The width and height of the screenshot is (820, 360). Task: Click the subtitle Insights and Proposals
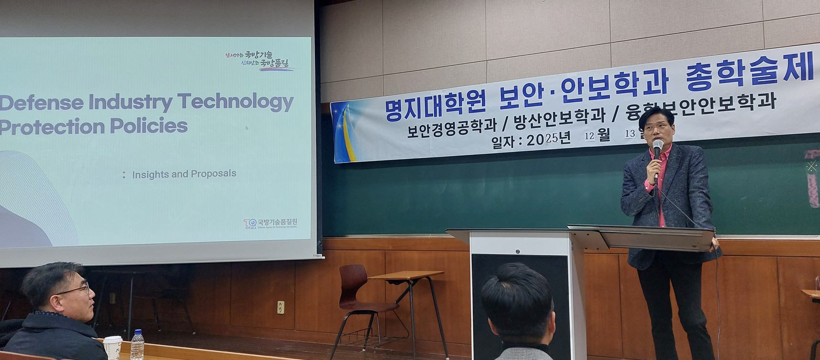tap(184, 174)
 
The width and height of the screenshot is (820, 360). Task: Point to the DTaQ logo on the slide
tap(249, 223)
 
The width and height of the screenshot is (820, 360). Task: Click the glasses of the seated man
tap(77, 290)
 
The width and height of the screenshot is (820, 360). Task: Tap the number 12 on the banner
tap(589, 136)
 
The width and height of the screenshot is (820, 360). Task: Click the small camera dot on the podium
tap(517, 251)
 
